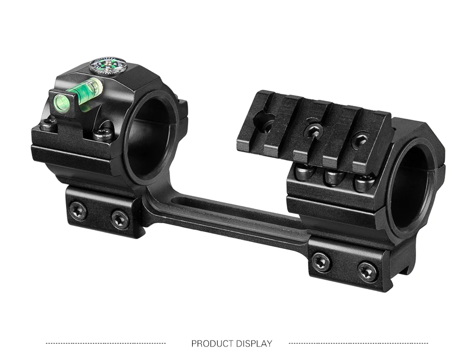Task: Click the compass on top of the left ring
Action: point(108,65)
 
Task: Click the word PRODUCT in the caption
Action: point(212,344)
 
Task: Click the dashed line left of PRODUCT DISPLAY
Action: point(106,344)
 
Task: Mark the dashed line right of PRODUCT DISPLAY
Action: point(359,344)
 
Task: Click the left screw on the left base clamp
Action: point(79,209)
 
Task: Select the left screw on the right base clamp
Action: point(321,261)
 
